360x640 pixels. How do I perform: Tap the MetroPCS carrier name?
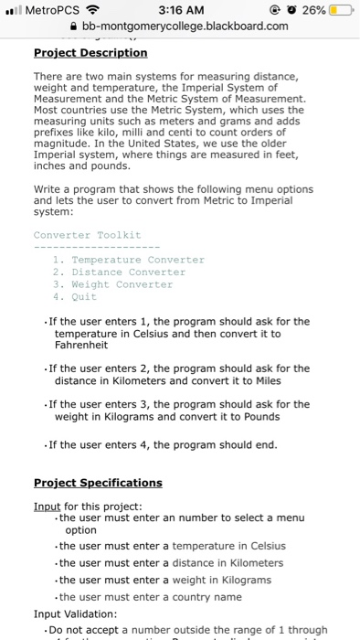click(x=51, y=9)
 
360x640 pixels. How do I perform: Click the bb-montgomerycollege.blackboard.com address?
click(x=185, y=26)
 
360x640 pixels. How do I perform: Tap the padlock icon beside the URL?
click(x=75, y=26)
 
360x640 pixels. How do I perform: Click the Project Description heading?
click(x=90, y=52)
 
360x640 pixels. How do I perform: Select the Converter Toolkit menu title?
click(x=88, y=235)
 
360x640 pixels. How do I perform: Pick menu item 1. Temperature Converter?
click(x=128, y=259)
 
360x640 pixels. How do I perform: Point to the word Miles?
click(x=264, y=380)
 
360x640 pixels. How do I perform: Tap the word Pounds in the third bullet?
click(x=265, y=416)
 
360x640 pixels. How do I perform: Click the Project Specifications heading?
click(x=98, y=482)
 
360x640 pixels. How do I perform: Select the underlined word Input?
click(x=48, y=506)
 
